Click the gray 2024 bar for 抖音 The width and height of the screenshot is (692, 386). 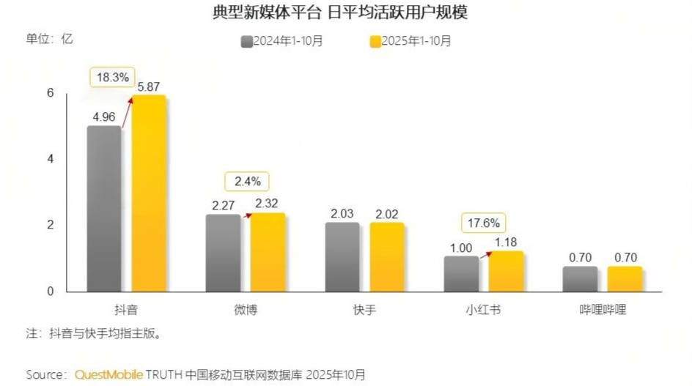104,209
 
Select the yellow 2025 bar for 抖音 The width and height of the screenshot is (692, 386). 149,194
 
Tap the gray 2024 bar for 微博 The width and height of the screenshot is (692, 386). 223,253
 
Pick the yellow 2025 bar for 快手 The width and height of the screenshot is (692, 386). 387,257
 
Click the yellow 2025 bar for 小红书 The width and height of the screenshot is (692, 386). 506,271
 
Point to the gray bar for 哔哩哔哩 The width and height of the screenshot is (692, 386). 580,279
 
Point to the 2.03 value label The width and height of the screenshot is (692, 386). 342,213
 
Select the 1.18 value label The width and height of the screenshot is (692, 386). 506,242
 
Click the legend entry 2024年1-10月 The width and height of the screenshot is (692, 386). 282,41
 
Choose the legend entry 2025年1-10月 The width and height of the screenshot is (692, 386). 411,41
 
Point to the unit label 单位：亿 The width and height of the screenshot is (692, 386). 50,39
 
